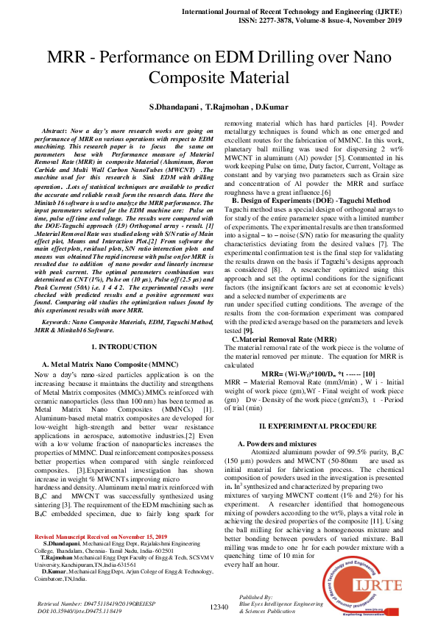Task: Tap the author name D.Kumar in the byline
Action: click(270, 107)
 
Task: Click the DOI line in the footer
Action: click(80, 611)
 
